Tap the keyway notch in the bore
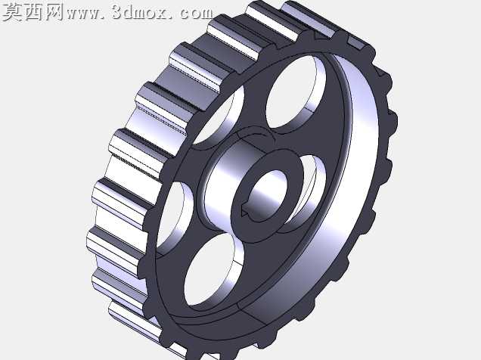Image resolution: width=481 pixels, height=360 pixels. click(244, 213)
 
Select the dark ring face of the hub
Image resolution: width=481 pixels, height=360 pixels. click(267, 196)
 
